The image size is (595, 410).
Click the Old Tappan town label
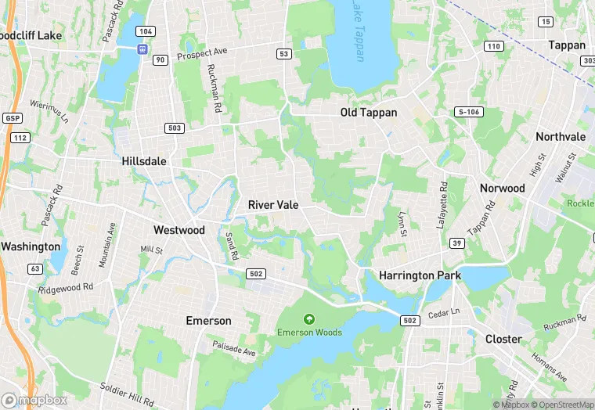[x=368, y=113]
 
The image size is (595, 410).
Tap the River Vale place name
[x=272, y=204]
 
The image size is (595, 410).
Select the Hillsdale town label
[x=144, y=160]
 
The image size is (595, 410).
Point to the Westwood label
[x=178, y=230]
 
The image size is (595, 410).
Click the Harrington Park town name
[x=420, y=275]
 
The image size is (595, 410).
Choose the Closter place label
[x=503, y=339]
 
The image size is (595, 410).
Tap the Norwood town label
[x=502, y=188]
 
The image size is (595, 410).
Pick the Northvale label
[x=561, y=136]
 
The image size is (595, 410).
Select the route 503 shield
[x=174, y=128]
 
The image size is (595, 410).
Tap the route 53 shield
[x=283, y=53]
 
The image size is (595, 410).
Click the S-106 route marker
[x=467, y=112]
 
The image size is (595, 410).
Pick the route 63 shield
[x=34, y=268]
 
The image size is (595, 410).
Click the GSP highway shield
[x=12, y=118]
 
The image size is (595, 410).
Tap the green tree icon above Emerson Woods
[x=309, y=318]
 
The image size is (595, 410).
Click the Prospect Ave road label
[x=203, y=54]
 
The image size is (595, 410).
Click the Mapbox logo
[x=34, y=400]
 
